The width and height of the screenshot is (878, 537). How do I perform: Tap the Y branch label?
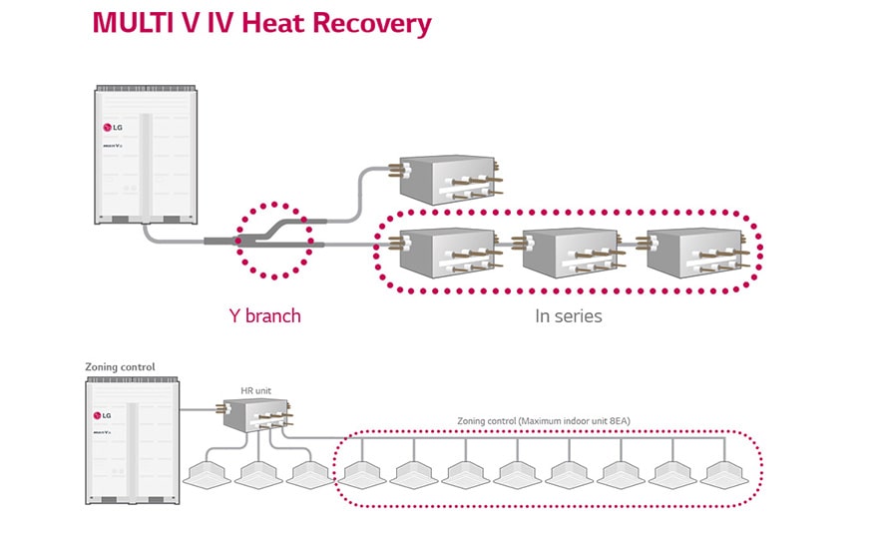click(x=264, y=315)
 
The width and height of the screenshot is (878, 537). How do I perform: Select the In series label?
click(x=569, y=315)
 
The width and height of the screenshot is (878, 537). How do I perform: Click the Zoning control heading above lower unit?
click(x=120, y=367)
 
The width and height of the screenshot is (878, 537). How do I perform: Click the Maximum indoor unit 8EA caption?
click(x=544, y=421)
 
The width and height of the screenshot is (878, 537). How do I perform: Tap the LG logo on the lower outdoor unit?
click(x=103, y=414)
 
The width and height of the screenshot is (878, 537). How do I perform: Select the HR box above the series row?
click(x=445, y=180)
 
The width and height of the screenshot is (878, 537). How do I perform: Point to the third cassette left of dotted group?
click(x=308, y=473)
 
